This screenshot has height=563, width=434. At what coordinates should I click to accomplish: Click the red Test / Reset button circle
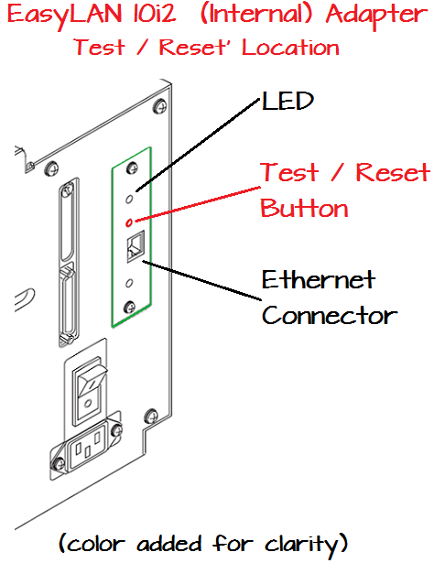pyautogui.click(x=130, y=222)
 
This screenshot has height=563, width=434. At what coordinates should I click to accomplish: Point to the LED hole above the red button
pyautogui.click(x=132, y=197)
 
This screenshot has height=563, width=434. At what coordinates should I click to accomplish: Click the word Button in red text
pyautogui.click(x=304, y=208)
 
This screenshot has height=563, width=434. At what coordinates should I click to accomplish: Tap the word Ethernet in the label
pyautogui.click(x=318, y=279)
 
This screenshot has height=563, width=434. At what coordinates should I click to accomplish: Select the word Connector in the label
pyautogui.click(x=329, y=316)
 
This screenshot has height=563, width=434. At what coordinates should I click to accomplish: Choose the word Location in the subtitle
pyautogui.click(x=288, y=48)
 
